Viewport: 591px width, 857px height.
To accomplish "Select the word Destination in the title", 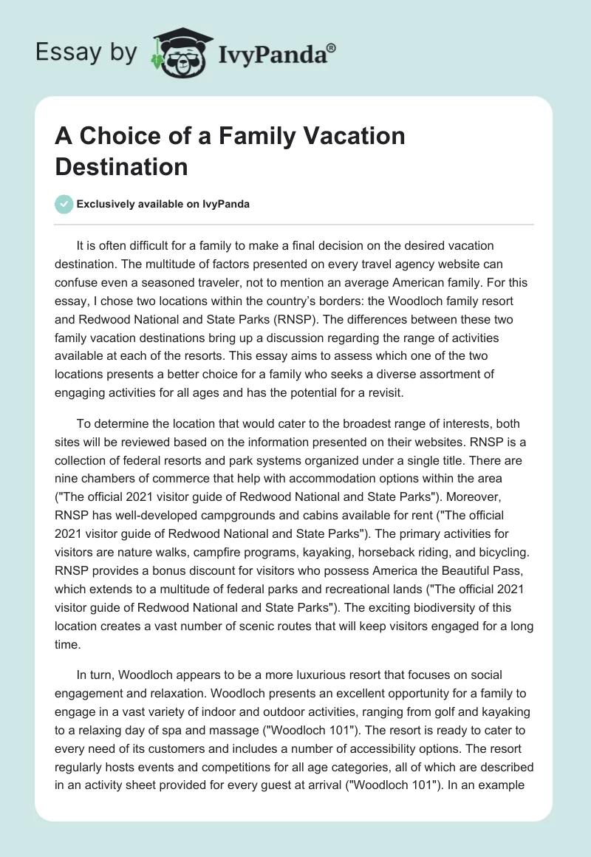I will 121,166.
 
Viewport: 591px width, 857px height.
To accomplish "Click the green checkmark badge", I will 64,204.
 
